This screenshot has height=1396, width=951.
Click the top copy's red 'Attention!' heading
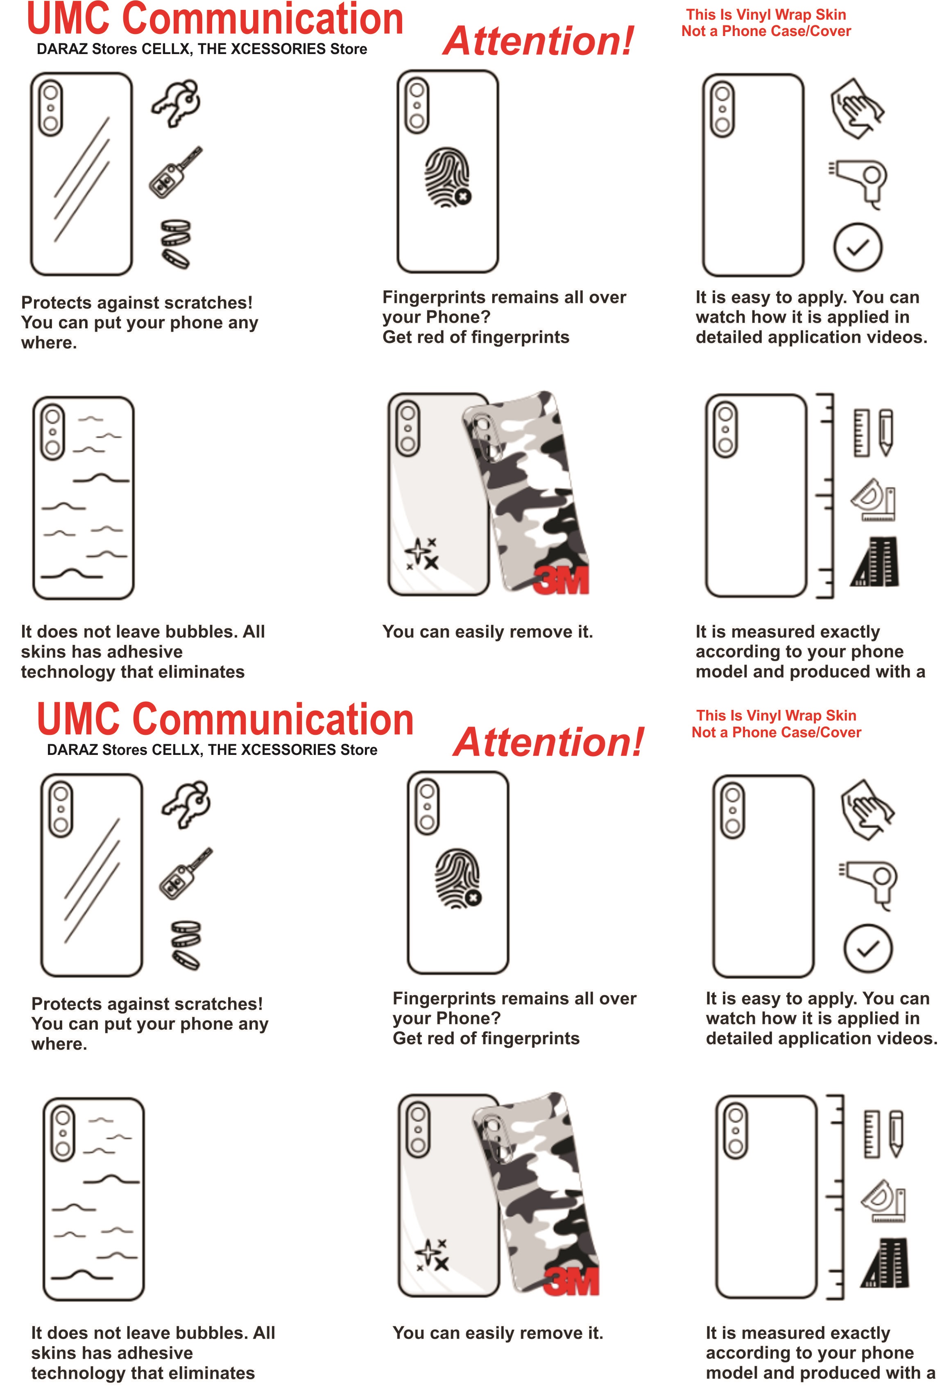[x=538, y=41]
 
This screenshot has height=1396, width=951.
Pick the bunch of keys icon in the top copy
[x=176, y=103]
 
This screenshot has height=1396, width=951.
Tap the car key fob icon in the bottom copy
[x=186, y=873]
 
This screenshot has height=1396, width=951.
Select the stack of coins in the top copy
[x=176, y=243]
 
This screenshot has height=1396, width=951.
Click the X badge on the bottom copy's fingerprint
[x=473, y=898]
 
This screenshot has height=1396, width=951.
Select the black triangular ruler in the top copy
[x=875, y=562]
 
